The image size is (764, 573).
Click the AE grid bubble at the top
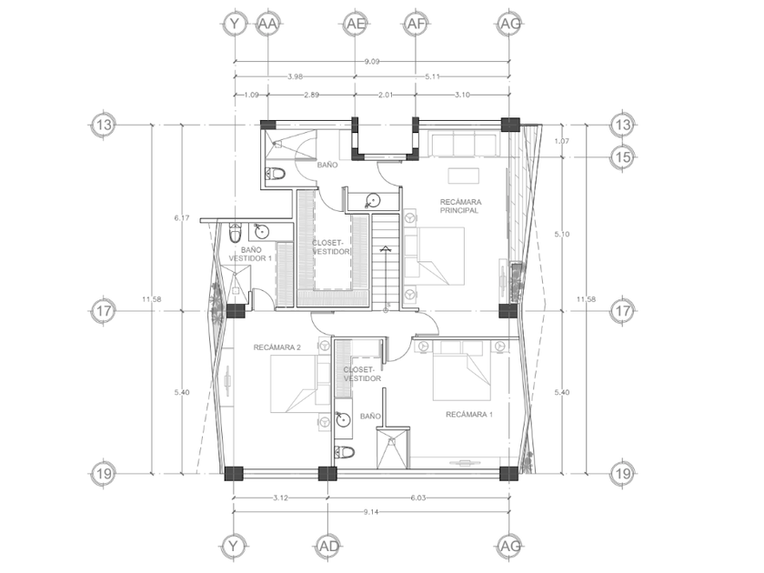(355, 24)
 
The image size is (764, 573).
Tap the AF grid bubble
(416, 24)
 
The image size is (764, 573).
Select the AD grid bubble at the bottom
(328, 547)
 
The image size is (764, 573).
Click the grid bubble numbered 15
(623, 156)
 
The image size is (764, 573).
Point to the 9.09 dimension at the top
(372, 62)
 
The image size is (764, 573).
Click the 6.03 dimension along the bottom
(418, 498)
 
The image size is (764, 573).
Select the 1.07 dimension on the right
(562, 141)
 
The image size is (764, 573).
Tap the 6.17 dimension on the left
(182, 217)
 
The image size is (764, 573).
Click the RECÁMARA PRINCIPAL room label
(460, 206)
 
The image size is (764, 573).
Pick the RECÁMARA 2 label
(276, 347)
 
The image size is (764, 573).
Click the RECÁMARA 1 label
(469, 415)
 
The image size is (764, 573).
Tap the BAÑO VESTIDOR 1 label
(250, 255)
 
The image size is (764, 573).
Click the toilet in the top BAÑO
(276, 174)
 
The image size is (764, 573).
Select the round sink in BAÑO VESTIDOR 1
(262, 232)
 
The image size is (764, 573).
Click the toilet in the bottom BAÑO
(345, 452)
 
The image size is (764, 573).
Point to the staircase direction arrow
(386, 277)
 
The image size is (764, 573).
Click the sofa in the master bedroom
(466, 144)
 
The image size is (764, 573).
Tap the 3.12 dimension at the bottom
(281, 498)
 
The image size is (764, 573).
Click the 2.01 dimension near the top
(386, 95)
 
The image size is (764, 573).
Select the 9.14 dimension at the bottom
(371, 512)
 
